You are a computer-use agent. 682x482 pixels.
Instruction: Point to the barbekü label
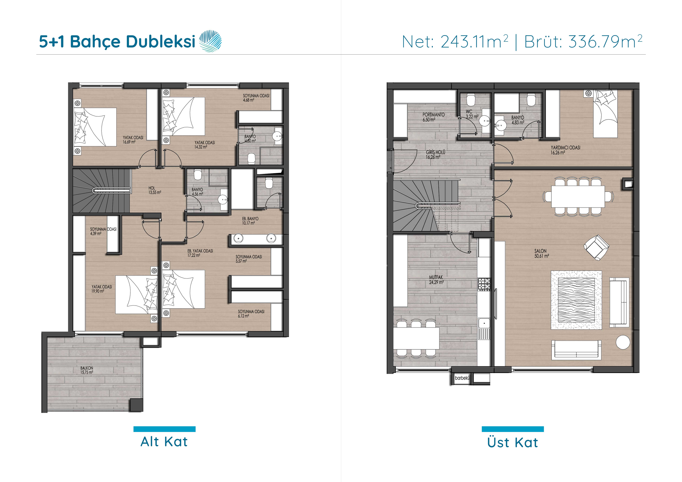click(x=462, y=378)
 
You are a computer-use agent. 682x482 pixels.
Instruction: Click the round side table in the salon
click(x=623, y=342)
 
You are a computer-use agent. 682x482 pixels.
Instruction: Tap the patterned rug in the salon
click(x=576, y=300)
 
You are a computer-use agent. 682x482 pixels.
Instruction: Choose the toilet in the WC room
click(x=470, y=100)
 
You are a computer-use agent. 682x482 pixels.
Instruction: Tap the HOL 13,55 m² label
click(x=155, y=190)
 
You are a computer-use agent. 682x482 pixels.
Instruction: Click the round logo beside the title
click(x=210, y=41)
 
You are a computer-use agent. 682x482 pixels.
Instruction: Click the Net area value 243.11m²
click(x=474, y=42)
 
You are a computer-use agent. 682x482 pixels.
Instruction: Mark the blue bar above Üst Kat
click(x=513, y=429)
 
